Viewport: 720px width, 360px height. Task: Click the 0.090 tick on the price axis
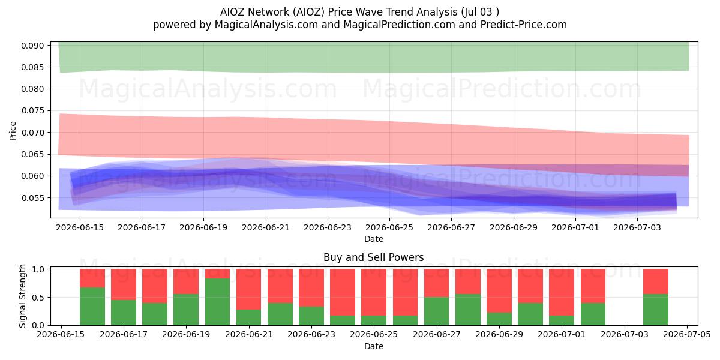(x=32, y=46)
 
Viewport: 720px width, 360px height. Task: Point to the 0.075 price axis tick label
(x=32, y=111)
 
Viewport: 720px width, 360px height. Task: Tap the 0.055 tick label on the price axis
(x=32, y=198)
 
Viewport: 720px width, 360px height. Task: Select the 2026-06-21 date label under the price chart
(x=265, y=227)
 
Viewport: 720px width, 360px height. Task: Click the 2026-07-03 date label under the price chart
(x=637, y=227)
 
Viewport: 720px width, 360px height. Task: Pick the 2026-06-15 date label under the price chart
(x=80, y=227)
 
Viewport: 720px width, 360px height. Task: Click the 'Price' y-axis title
(x=13, y=131)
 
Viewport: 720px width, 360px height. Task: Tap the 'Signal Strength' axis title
(x=22, y=296)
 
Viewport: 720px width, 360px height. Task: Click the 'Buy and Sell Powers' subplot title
(x=373, y=257)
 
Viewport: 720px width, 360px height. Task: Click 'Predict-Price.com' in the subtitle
(x=524, y=25)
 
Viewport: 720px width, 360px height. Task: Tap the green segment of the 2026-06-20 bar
(x=218, y=302)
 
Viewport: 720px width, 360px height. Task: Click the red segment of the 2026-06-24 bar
(x=343, y=292)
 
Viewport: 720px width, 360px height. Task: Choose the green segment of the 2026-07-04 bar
(x=656, y=310)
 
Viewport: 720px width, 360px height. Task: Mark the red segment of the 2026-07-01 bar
(x=562, y=292)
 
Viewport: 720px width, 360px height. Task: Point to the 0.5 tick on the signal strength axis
(x=40, y=298)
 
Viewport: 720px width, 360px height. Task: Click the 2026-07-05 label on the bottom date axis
(x=687, y=335)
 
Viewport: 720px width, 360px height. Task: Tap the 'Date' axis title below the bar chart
(x=373, y=347)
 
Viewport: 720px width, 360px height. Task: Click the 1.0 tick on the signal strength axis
(x=40, y=269)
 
